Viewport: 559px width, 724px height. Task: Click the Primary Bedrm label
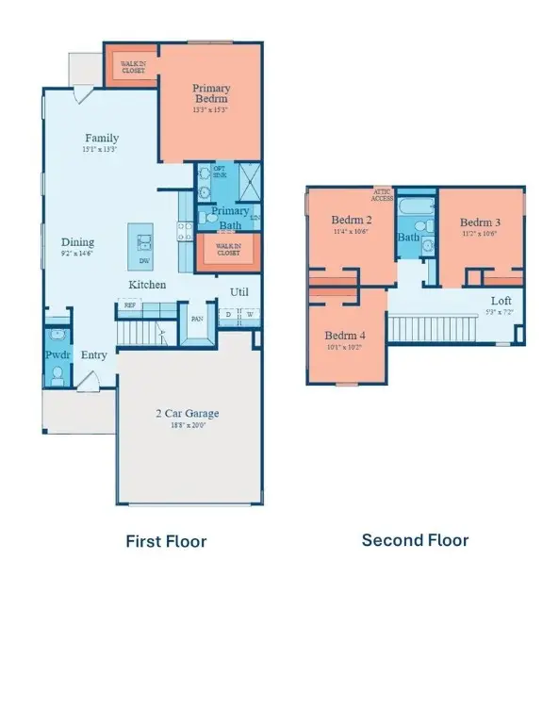point(211,93)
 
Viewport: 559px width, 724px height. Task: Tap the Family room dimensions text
point(102,149)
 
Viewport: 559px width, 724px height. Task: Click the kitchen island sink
point(144,231)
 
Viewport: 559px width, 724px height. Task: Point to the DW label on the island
point(144,261)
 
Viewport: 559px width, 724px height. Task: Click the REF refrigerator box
point(127,304)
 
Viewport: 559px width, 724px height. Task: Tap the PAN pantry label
point(198,319)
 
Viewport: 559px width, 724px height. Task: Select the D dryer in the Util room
point(227,315)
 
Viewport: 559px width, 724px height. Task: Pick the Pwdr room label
point(58,355)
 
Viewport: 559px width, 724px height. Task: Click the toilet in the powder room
point(58,374)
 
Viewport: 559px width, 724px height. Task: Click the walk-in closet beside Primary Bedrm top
point(131,65)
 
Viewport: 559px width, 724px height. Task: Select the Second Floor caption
point(415,540)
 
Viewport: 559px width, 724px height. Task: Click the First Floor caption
point(166,541)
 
